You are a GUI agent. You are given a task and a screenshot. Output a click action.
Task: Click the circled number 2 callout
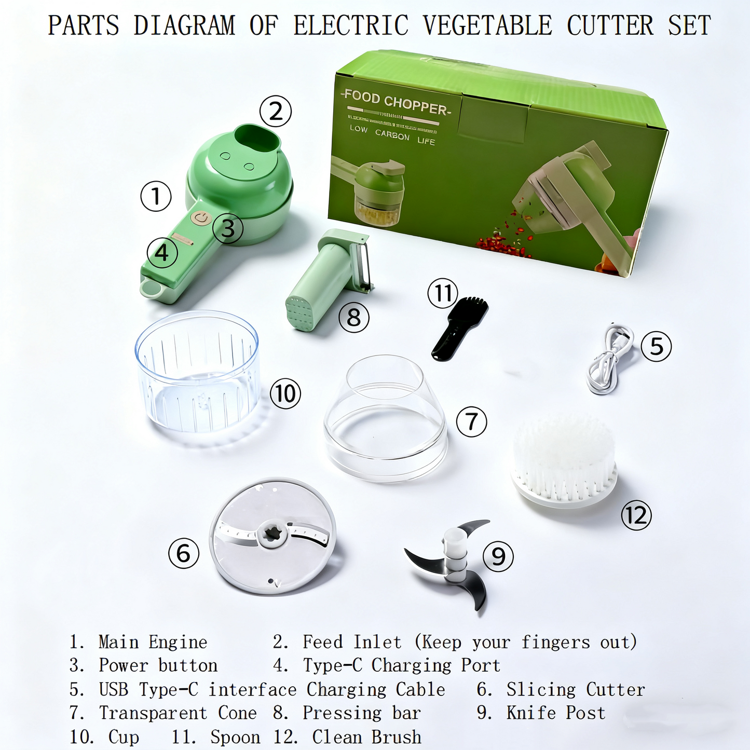coord(276,112)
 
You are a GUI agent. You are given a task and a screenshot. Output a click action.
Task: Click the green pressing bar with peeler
coord(327,280)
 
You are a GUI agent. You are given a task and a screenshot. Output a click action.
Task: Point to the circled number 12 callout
coord(636,515)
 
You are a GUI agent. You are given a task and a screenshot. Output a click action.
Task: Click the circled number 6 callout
coord(184,553)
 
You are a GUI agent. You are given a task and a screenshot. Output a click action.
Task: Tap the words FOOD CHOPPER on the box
coord(396,103)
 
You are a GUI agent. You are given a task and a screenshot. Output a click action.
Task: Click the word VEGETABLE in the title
coord(487,25)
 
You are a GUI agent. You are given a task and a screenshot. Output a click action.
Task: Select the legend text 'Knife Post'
coord(555,713)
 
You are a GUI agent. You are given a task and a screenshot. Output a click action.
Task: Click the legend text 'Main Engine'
coord(153,643)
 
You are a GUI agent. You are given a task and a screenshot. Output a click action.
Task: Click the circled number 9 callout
coord(498,557)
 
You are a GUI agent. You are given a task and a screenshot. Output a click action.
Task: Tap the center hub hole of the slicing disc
coord(272,534)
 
